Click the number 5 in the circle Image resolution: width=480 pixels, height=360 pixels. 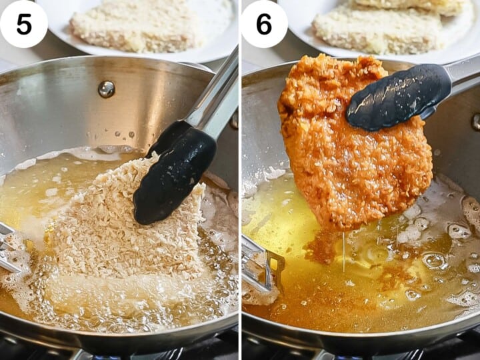tap(23, 24)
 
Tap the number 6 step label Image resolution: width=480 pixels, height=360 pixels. tap(264, 24)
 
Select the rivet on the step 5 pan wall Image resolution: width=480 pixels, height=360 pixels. tap(106, 89)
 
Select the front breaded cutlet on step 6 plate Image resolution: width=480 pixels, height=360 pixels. tap(377, 30)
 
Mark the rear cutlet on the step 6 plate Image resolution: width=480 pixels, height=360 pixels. tap(413, 7)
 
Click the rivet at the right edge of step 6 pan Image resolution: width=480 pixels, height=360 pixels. tap(475, 121)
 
